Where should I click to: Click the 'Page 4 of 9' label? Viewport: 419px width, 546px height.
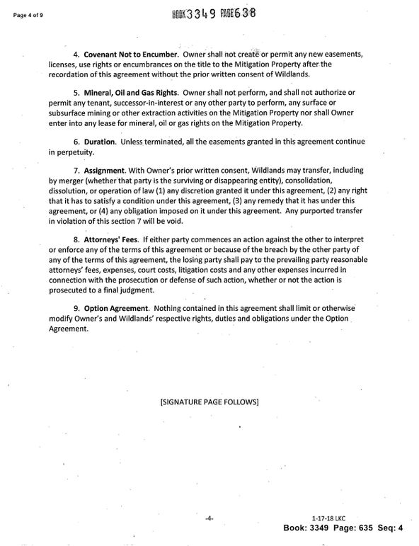(26, 13)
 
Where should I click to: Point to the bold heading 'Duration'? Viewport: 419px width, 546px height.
(100, 142)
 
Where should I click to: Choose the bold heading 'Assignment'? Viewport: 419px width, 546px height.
(104, 171)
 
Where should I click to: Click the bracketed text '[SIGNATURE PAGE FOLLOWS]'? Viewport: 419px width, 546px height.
(210, 402)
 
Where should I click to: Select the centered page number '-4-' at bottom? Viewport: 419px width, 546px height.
(209, 519)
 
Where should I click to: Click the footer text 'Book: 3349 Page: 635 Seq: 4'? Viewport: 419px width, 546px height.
(343, 528)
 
